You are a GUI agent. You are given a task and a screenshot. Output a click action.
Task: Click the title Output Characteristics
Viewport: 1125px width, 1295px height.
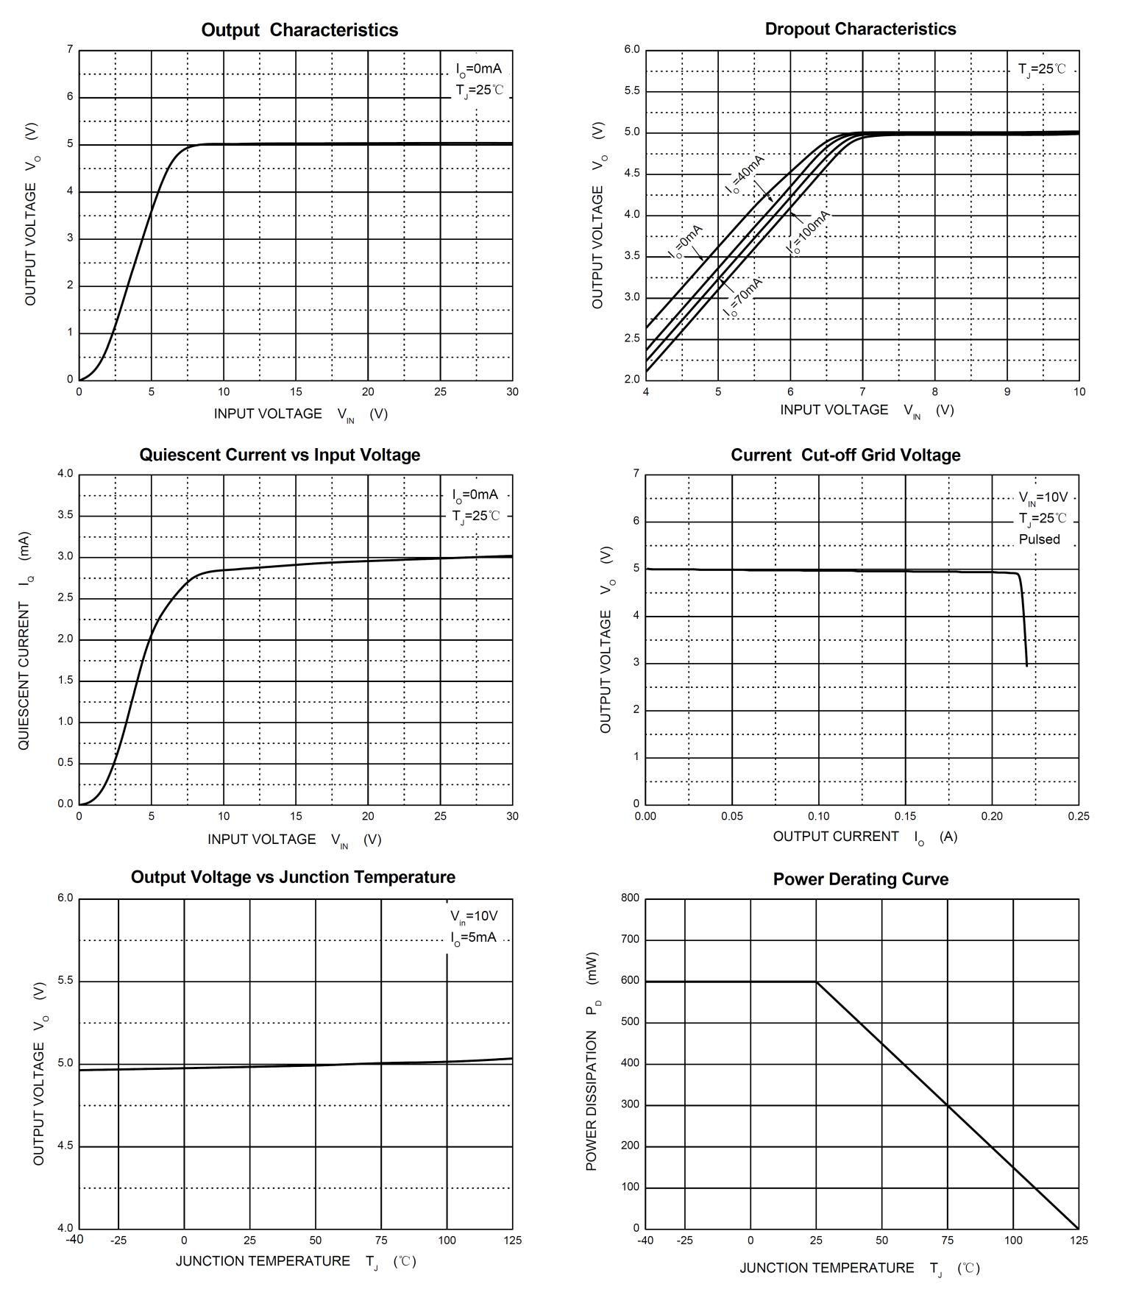(299, 30)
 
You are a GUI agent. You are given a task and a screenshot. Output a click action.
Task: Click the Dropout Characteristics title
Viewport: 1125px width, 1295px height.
(860, 29)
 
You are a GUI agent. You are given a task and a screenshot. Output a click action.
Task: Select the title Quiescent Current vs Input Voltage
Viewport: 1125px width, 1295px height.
(280, 455)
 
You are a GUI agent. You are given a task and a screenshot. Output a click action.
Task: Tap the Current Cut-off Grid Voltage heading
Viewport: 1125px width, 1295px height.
(845, 455)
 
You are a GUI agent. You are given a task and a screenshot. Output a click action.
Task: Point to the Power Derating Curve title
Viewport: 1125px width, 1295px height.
(860, 879)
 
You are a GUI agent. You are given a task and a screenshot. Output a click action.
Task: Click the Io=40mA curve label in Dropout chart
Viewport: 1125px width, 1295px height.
(745, 174)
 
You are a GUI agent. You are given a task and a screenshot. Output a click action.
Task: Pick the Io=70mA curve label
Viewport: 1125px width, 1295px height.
(742, 297)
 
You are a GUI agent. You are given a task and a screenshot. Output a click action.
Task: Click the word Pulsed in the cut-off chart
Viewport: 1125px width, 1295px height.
(1039, 539)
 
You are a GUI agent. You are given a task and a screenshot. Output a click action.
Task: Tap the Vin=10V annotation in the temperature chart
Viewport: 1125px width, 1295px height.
(474, 916)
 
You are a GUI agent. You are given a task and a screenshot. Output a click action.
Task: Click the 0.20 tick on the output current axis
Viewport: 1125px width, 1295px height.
(992, 816)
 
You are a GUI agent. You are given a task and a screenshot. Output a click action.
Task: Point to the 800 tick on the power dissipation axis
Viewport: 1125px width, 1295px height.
(631, 898)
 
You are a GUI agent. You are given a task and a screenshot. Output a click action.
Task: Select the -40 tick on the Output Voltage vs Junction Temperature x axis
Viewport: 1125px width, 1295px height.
(74, 1239)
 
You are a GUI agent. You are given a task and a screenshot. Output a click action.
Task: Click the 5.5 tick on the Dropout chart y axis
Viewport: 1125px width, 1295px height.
(632, 91)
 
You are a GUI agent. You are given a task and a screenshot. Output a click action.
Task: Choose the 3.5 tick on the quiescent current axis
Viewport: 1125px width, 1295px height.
(65, 515)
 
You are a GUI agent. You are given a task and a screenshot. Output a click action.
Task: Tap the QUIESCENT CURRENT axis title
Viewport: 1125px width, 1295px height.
(24, 640)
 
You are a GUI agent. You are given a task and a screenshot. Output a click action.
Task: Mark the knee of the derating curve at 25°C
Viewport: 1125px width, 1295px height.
(816, 982)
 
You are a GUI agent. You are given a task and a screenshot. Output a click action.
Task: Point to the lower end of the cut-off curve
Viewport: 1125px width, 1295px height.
(1026, 665)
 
